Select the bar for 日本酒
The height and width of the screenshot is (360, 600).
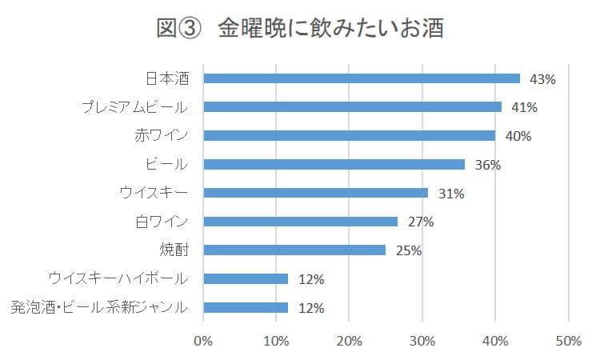(362, 78)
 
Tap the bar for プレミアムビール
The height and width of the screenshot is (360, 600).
(353, 106)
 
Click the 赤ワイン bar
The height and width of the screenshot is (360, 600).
(350, 135)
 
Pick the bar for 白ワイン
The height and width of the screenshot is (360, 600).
(301, 222)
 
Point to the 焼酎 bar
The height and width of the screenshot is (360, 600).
(294, 250)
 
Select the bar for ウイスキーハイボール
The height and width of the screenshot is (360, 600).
(246, 278)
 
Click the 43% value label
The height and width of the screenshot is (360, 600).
(542, 79)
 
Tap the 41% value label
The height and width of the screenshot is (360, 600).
(524, 107)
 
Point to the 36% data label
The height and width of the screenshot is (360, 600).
(487, 165)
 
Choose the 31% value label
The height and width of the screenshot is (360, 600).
(450, 194)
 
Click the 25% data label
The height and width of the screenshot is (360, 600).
(408, 250)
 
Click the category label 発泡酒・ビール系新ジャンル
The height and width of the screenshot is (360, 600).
(99, 307)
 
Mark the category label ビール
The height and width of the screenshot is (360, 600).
(166, 164)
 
